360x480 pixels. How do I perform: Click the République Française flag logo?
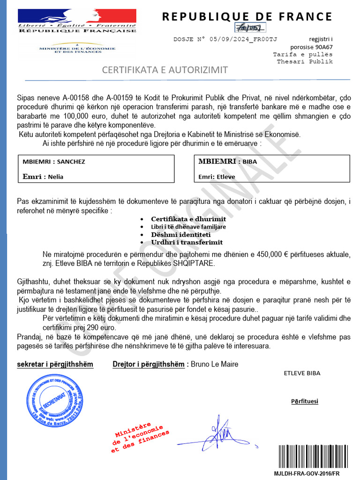pos(76,20)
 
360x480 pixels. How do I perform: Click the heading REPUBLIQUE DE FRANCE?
pos(247,17)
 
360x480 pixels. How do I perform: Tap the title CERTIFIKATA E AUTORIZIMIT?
pos(165,70)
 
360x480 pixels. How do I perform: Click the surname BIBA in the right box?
pos(249,162)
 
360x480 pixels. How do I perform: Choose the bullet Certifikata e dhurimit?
pos(188,219)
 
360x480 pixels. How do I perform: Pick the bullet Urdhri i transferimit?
pos(187,242)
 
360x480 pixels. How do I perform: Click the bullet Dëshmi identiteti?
pos(180,234)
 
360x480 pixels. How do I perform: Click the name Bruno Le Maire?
pos(214,364)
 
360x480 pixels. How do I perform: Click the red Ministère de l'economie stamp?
pos(139,439)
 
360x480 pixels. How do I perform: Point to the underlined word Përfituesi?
pos(304,401)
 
